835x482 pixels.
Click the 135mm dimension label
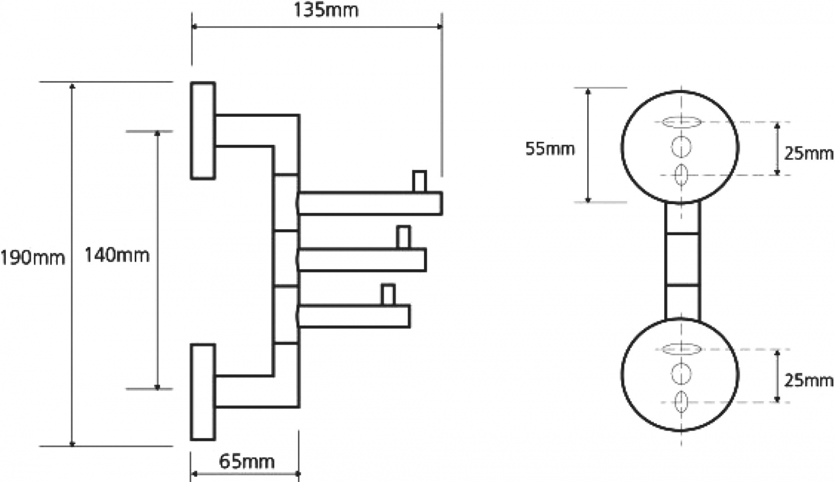click(326, 10)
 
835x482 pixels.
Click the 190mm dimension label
click(33, 258)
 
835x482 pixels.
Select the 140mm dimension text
click(117, 255)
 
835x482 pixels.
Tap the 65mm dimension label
click(247, 462)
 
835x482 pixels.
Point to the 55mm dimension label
click(550, 149)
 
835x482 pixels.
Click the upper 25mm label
click(809, 153)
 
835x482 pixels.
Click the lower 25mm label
click(809, 381)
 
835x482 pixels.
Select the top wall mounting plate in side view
click(203, 130)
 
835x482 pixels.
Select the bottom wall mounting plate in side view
click(203, 392)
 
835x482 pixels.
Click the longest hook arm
click(370, 204)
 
